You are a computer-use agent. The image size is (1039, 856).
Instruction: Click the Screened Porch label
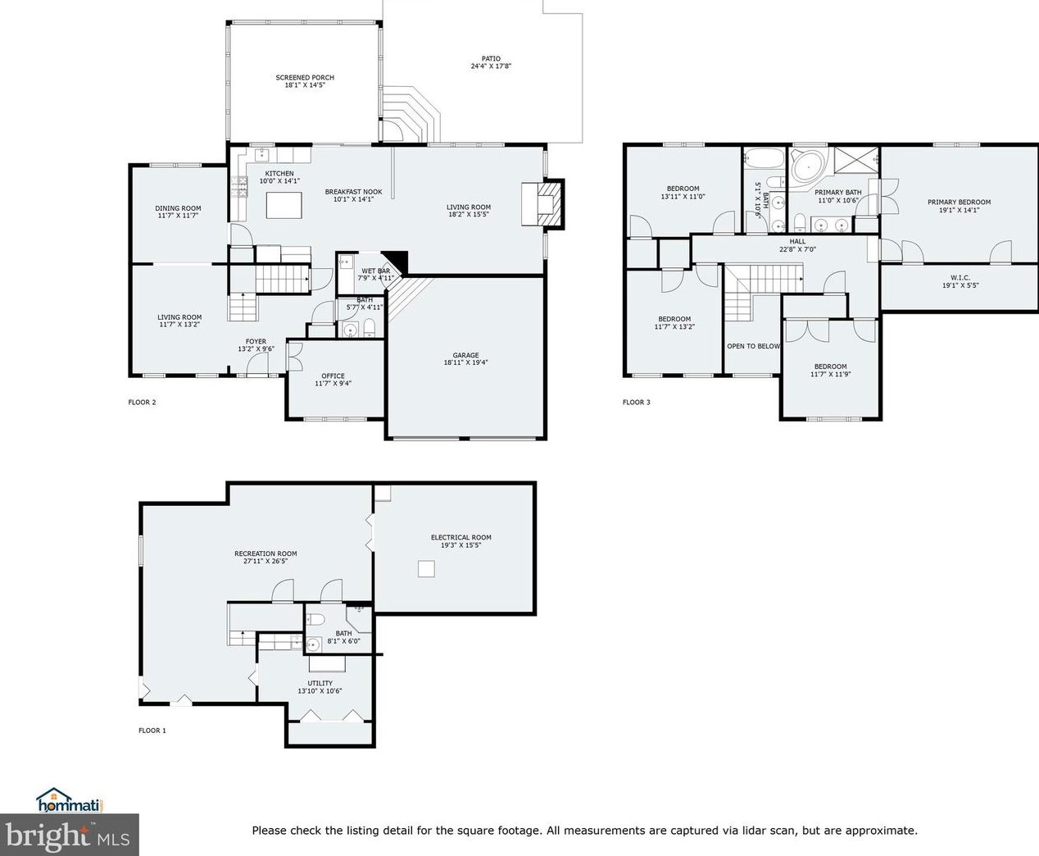pos(305,77)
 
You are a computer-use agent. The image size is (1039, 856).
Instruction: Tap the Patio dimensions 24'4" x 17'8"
pos(491,66)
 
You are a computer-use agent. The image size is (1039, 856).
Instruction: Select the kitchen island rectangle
pos(284,205)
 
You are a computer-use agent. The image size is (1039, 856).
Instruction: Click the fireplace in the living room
pos(542,204)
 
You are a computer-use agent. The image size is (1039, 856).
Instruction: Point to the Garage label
pos(465,355)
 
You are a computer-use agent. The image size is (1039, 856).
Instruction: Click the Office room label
pos(333,376)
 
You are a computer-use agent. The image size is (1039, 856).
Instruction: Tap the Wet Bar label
pos(376,271)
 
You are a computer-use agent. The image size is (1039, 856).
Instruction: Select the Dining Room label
pos(178,208)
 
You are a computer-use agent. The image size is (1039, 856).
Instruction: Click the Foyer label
pos(256,341)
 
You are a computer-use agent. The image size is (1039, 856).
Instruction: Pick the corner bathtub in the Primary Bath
pos(809,166)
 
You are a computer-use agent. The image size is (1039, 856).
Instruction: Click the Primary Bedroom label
pos(960,202)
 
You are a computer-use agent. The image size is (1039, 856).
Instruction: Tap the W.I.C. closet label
pos(960,278)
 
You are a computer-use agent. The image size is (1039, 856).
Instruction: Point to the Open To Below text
pos(753,346)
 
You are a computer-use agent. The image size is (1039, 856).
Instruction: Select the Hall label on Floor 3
pos(797,241)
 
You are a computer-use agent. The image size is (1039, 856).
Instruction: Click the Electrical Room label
pos(461,538)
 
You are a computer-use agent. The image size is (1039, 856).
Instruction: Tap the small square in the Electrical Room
pos(426,569)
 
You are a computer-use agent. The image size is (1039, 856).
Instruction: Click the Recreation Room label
pos(265,553)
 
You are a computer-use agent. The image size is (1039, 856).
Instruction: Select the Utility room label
pos(320,683)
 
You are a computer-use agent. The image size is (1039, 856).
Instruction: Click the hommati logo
pos(70,802)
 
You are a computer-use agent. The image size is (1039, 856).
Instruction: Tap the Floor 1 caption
pos(152,731)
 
